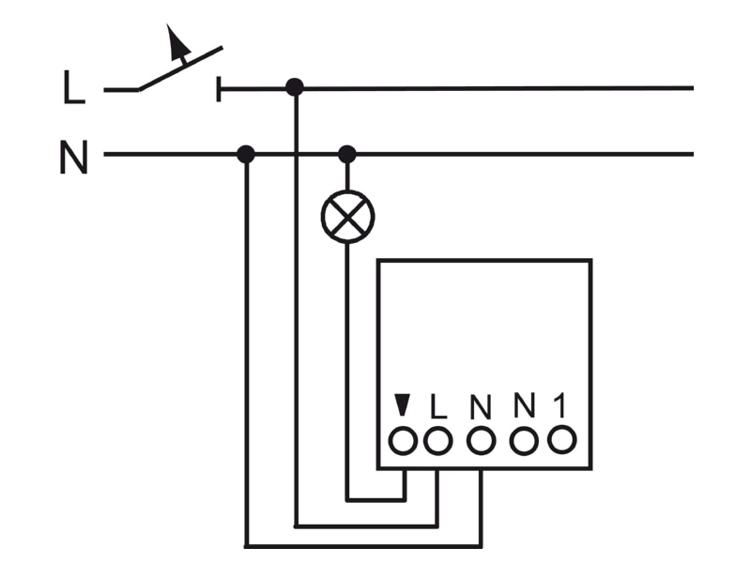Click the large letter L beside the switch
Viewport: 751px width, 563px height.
click(74, 87)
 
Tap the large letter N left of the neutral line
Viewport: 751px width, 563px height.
click(74, 157)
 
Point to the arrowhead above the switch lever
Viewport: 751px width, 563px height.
click(176, 39)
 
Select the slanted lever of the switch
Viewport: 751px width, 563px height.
click(180, 68)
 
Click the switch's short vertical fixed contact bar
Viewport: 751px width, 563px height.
click(219, 89)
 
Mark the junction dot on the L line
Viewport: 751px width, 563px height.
click(295, 87)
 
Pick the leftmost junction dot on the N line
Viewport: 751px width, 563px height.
click(246, 154)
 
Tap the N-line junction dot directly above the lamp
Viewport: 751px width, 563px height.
click(347, 154)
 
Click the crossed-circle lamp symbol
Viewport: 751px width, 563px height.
click(347, 217)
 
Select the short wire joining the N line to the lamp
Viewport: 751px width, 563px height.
click(347, 176)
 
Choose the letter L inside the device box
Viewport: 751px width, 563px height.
click(437, 406)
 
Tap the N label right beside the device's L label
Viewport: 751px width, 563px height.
click(481, 406)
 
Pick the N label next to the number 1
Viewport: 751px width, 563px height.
click(525, 405)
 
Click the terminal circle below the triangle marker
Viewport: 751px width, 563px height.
click(403, 440)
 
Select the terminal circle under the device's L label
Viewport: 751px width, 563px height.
click(437, 440)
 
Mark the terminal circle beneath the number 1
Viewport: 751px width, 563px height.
click(561, 439)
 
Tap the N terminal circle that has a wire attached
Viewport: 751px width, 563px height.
click(481, 440)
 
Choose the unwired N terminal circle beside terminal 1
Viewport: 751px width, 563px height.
click(524, 440)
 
